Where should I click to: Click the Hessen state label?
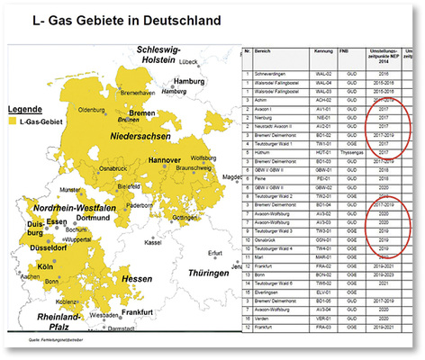point(136,280)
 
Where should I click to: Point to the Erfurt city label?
point(213,252)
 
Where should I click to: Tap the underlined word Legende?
point(26,120)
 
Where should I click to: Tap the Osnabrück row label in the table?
point(273,239)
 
